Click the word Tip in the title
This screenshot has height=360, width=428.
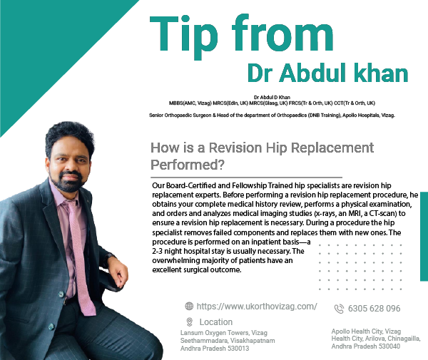pos(184,37)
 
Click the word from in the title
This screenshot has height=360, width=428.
pos(282,33)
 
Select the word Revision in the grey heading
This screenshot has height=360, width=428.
pos(235,148)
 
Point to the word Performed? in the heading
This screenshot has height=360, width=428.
pos(188,165)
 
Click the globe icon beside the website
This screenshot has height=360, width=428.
pos(189,306)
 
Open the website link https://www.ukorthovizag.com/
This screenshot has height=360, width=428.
pos(257,307)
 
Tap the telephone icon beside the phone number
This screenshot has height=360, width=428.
pos(339,309)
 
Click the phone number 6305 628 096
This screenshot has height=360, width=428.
pos(374,309)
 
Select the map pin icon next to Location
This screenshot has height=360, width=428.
pos(190,322)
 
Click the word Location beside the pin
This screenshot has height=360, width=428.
pos(216,322)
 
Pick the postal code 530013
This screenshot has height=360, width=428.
pos(238,349)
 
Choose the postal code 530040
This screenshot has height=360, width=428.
pos(389,346)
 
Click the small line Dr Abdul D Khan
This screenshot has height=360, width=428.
pos(272,97)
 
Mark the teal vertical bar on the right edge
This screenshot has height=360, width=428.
pos(424,237)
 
